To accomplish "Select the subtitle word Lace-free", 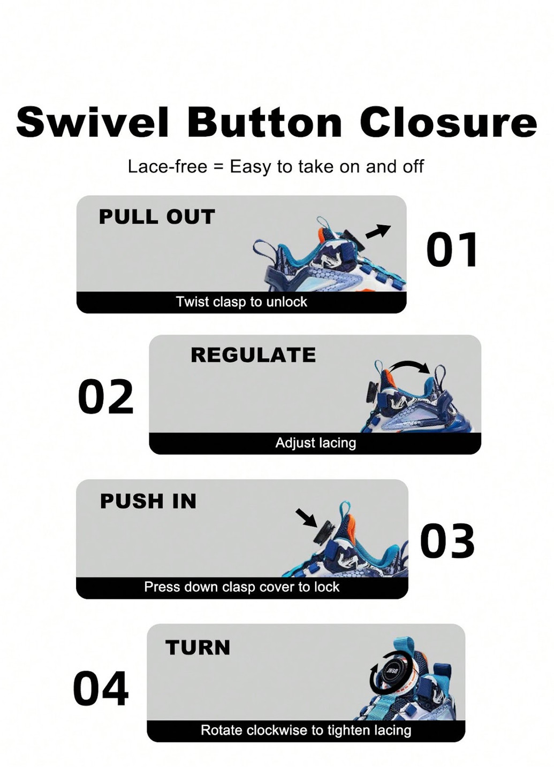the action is click(x=168, y=167).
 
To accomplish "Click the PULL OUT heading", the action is click(x=157, y=217).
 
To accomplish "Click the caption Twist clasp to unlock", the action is click(x=241, y=302).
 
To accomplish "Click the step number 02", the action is click(x=105, y=397).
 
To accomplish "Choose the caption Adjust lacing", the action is click(x=316, y=443).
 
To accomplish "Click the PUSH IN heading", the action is click(x=148, y=501).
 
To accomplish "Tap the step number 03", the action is click(x=447, y=541).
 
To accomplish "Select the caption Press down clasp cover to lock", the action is click(x=241, y=587).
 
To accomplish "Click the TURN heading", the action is click(x=198, y=648).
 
